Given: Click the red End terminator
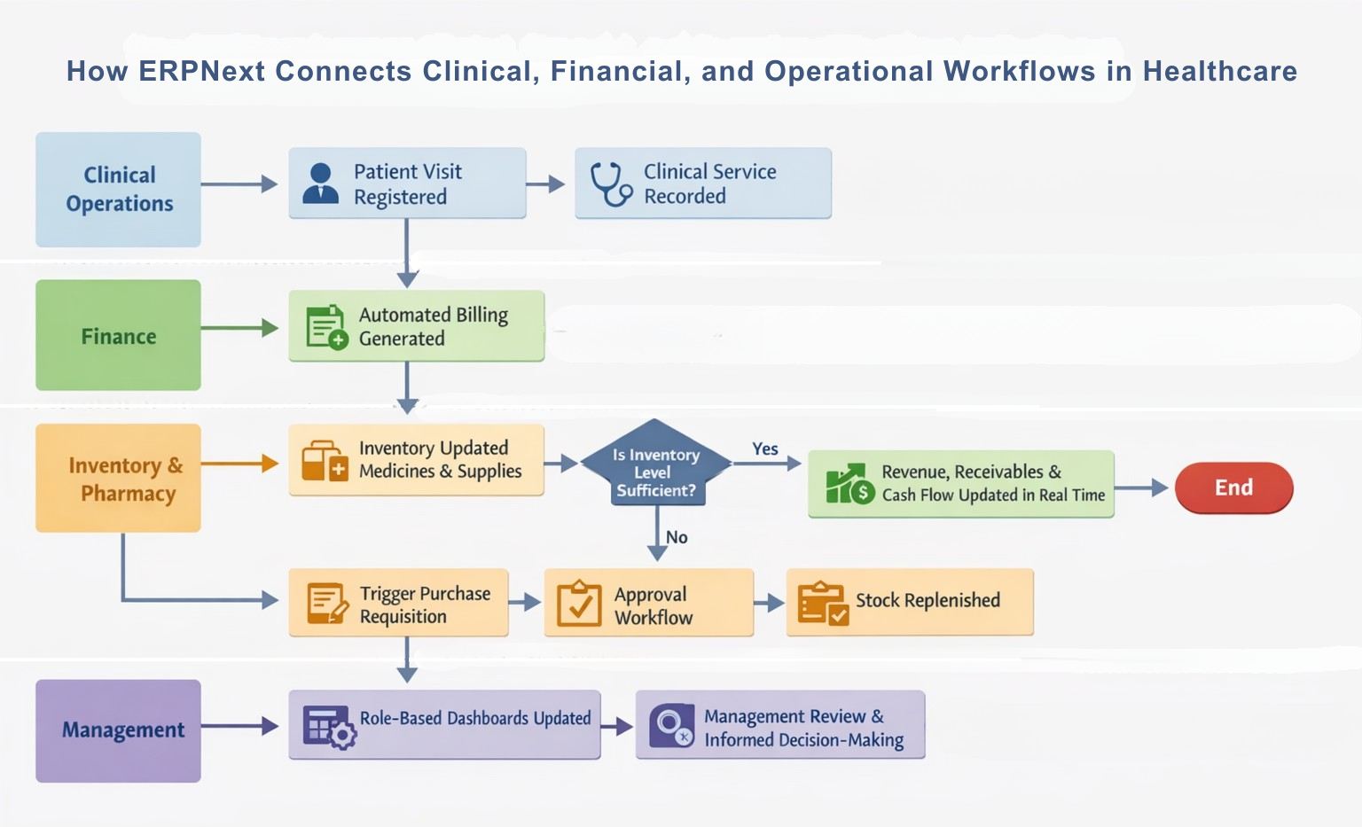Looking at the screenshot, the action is coord(1233,488).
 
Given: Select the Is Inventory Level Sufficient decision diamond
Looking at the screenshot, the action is coord(655,463).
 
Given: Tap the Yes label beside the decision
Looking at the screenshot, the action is coord(765,449).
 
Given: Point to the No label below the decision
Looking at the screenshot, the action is coord(677,537).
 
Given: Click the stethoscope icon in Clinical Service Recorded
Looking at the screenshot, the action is coord(611,183).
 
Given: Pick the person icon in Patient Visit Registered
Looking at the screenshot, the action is coord(320,183).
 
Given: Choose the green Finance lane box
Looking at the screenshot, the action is coord(118,335).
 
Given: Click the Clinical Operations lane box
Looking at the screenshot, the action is coord(118,190).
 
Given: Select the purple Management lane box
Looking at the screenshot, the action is coord(118,730).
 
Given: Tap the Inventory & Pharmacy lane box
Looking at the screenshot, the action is coord(118,479).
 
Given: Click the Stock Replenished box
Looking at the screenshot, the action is coord(910,602).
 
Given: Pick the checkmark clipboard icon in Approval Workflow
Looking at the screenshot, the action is coord(579,603).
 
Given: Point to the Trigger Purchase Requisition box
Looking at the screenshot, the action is coord(398,603).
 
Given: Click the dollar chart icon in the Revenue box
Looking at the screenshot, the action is coord(850,484).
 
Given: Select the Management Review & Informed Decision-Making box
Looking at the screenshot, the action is coord(780,724).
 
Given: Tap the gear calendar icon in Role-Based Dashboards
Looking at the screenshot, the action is coord(330,727).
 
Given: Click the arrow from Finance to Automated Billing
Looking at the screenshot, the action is coord(239,328).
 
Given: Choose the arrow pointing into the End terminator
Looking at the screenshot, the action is coord(1141,488).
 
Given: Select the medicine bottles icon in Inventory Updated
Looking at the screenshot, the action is coord(325,461).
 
